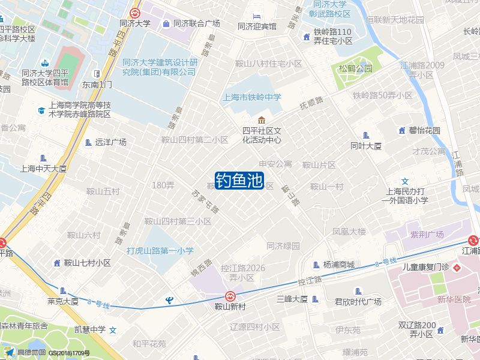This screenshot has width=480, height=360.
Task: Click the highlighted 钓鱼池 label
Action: coord(239,181)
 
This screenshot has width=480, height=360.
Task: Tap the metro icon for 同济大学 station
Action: coord(135,13)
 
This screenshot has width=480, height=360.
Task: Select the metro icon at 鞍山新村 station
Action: coord(230,296)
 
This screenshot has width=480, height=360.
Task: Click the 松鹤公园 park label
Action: coord(355,69)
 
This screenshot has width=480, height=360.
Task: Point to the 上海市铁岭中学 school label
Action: coord(251,97)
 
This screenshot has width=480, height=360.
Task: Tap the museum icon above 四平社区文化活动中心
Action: coord(261,120)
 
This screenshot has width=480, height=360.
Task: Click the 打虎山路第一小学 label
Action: coord(160,251)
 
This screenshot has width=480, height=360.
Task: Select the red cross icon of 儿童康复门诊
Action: coord(457,266)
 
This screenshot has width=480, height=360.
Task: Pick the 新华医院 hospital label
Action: coord(454,299)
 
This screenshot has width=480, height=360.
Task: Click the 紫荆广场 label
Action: coord(427,234)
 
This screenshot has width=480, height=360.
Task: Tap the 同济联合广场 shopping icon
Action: coord(166,24)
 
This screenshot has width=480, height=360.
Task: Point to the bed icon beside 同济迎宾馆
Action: coord(257,16)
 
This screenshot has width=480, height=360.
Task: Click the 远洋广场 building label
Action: coord(110,142)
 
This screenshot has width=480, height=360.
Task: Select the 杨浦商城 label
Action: coord(338,265)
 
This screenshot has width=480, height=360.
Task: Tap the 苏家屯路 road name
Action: coord(205,202)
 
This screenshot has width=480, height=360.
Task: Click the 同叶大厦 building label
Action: coord(366,146)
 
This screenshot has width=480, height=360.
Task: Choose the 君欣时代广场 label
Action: coord(358,302)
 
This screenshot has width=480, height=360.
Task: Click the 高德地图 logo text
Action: coord(31,352)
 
